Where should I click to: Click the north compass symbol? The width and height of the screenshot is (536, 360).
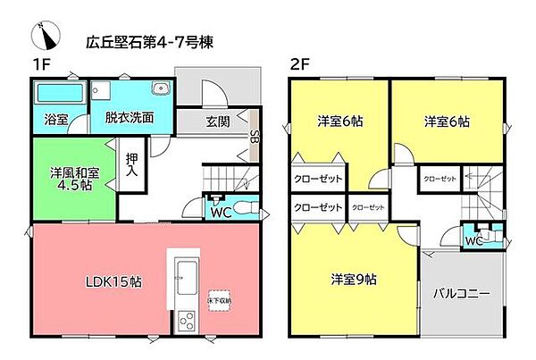(43, 37)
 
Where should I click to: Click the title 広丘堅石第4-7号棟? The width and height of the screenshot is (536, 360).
(147, 41)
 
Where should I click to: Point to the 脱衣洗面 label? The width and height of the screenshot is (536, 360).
(130, 117)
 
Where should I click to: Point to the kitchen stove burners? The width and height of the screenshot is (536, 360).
(187, 318)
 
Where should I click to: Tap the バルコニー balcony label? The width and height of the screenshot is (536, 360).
(461, 294)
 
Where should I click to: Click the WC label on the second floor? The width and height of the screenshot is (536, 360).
(473, 240)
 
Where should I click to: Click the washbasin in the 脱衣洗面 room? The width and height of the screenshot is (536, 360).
(161, 88)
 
